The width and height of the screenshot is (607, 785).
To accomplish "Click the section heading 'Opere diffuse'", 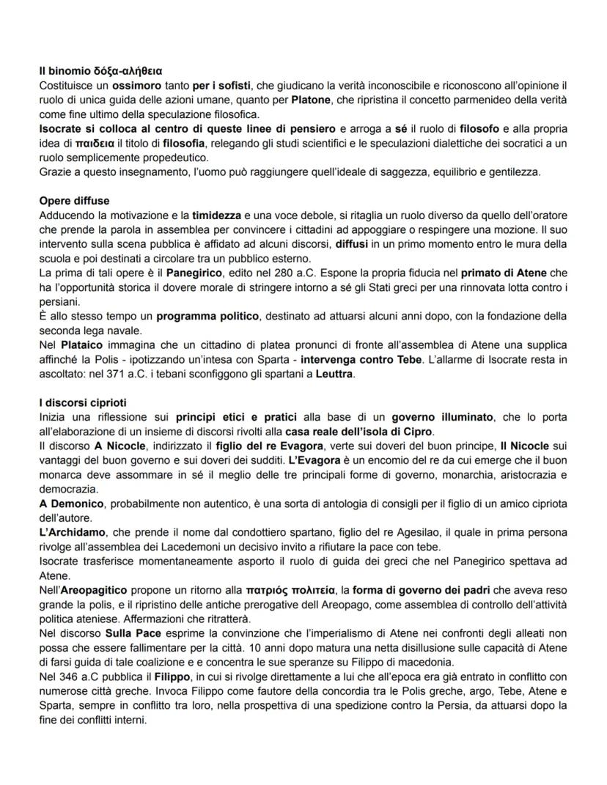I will [x=75, y=201].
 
